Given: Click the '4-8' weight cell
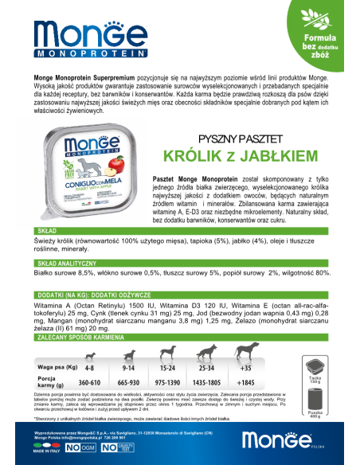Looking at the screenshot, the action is [x=89, y=369].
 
